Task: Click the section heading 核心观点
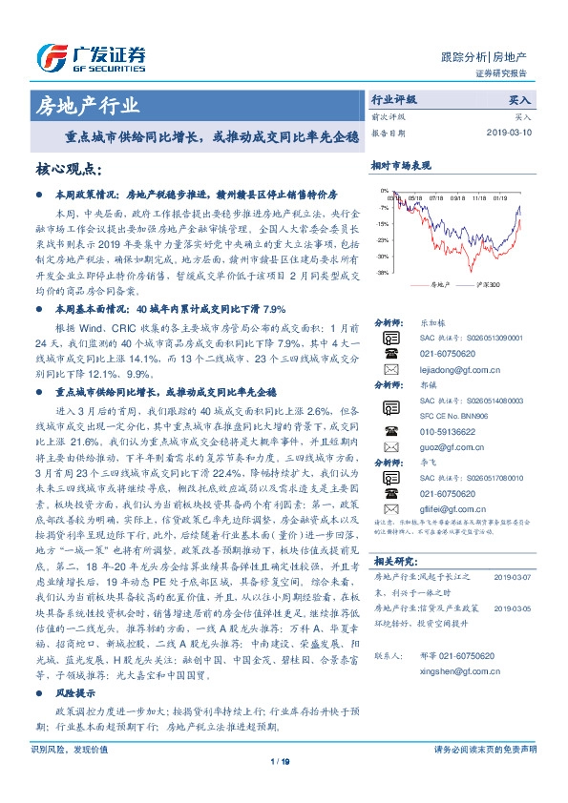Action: (68, 170)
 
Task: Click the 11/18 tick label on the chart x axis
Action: (479, 199)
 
